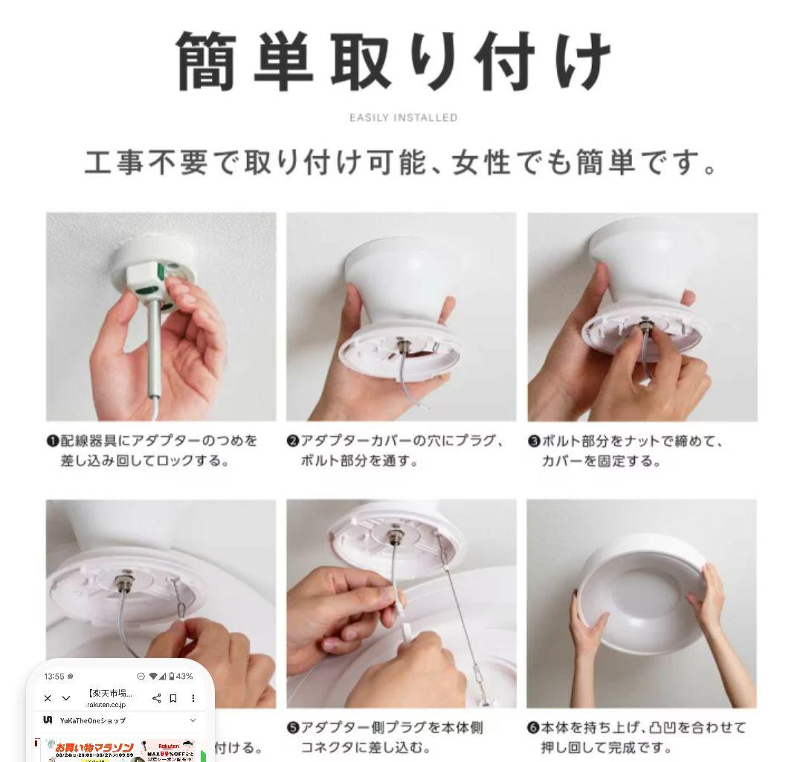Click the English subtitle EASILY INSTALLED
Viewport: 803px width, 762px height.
click(403, 117)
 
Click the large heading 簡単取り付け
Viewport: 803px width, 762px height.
click(394, 61)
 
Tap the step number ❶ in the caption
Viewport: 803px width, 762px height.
click(53, 441)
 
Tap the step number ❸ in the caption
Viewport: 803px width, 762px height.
click(534, 441)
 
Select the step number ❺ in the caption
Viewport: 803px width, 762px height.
click(293, 728)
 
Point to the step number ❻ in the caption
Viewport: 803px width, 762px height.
click(533, 728)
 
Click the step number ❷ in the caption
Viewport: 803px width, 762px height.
click(293, 441)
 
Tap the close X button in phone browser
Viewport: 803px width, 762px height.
click(48, 698)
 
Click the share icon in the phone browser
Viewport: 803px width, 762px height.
click(156, 698)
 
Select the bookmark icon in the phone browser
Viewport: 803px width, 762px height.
click(173, 698)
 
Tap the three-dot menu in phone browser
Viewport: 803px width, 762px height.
click(193, 698)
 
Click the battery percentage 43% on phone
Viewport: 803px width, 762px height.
click(184, 676)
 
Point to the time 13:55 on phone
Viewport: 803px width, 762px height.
click(54, 676)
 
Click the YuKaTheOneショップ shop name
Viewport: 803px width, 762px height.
click(92, 720)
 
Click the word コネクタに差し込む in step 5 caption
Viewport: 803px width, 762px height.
click(364, 747)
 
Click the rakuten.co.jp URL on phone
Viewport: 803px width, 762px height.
click(106, 705)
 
